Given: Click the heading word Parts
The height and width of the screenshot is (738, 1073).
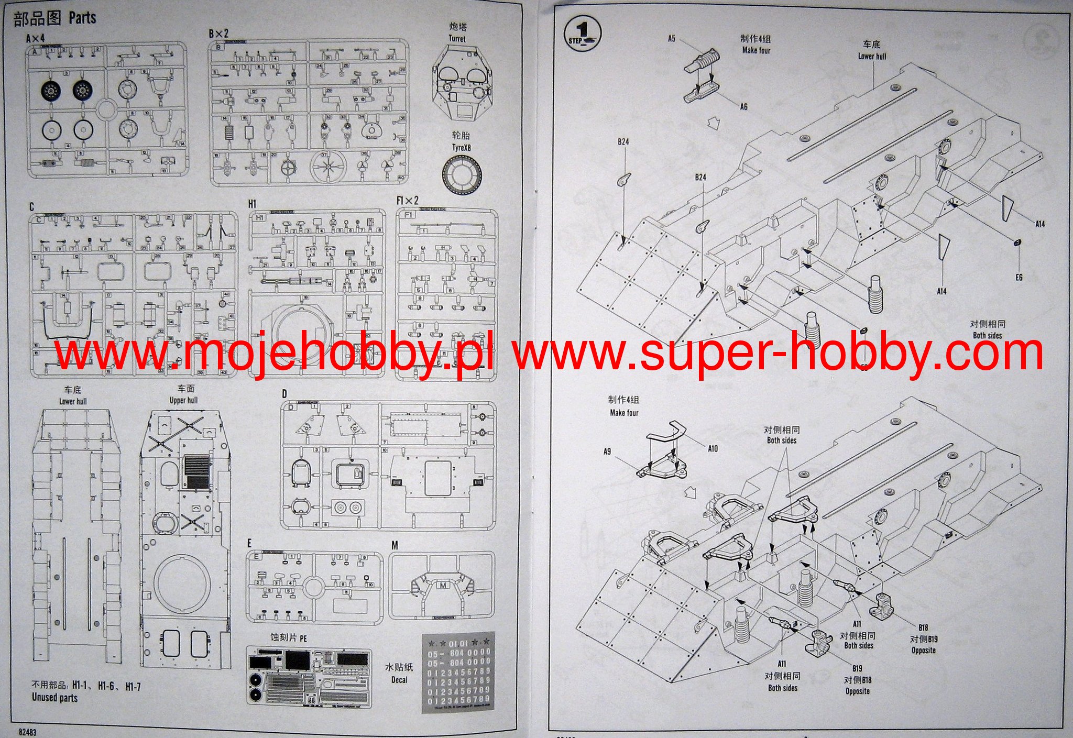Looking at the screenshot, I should pos(82,18).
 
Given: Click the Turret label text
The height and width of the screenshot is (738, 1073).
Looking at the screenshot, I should pos(457,39).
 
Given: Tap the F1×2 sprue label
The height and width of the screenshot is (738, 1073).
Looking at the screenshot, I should pos(408,201).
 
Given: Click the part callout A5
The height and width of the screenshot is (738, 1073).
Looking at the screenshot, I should pos(672,38).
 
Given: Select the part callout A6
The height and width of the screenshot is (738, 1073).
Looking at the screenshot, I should pos(743,107).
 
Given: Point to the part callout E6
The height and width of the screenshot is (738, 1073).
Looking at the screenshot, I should pos(1019,277).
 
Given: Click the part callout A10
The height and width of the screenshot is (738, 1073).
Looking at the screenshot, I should pos(713,449).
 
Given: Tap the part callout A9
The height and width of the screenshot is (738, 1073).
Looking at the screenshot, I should pos(607,451).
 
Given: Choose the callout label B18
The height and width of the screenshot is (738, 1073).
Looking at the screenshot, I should pos(923,627).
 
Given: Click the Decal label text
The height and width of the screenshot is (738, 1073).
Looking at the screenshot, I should pos(399,680).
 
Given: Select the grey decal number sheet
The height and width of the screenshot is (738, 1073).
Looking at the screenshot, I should pos(457,674).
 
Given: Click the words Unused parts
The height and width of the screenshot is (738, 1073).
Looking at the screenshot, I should pos(54,698).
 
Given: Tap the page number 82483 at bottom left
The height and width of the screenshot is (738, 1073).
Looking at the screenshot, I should pos(27,732).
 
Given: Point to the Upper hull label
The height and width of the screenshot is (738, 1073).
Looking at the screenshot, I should pos(183,401).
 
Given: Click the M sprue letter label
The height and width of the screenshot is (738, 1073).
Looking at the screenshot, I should pos(395,546).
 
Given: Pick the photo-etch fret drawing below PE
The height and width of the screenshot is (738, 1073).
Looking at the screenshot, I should pos(309,677).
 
